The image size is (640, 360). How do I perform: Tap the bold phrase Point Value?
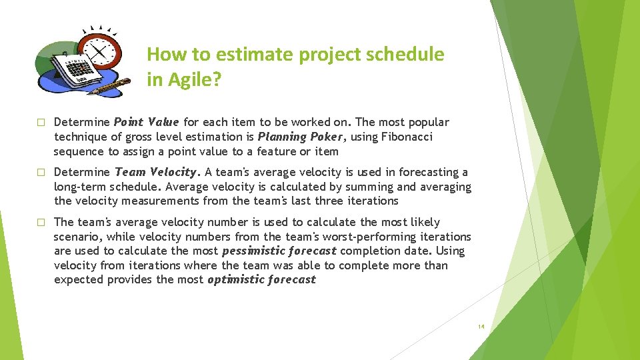coord(146,122)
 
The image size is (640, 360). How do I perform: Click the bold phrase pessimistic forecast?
coord(279,251)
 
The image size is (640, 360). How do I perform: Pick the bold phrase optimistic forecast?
coord(261,279)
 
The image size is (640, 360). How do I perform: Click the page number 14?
coord(481,327)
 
